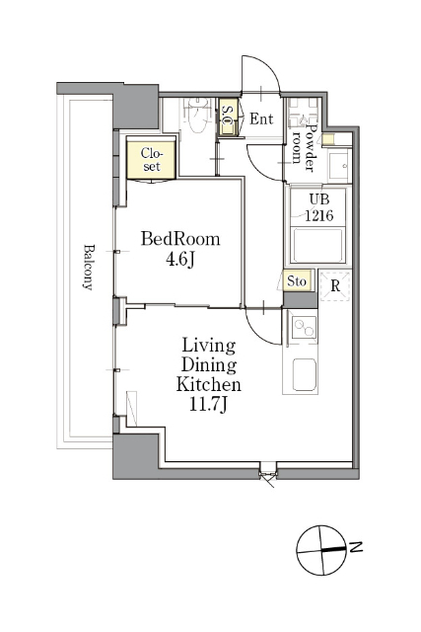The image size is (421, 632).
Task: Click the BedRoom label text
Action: (180, 239)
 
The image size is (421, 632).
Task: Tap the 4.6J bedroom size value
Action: (180, 260)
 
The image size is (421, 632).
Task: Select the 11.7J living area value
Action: (208, 404)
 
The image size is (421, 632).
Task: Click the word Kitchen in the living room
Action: (208, 384)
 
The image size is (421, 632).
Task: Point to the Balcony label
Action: (88, 267)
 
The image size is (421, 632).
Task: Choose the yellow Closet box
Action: (151, 159)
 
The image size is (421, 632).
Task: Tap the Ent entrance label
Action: (261, 118)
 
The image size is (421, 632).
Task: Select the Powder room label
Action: (304, 147)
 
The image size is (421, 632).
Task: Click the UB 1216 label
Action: (318, 207)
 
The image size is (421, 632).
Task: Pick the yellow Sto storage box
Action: (297, 280)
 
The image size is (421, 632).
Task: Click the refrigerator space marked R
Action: (335, 285)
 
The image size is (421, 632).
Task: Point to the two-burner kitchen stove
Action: (304, 327)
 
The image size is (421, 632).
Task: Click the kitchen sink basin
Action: (304, 374)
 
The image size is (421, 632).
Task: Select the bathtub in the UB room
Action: (317, 246)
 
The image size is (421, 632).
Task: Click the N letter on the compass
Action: (356, 547)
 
